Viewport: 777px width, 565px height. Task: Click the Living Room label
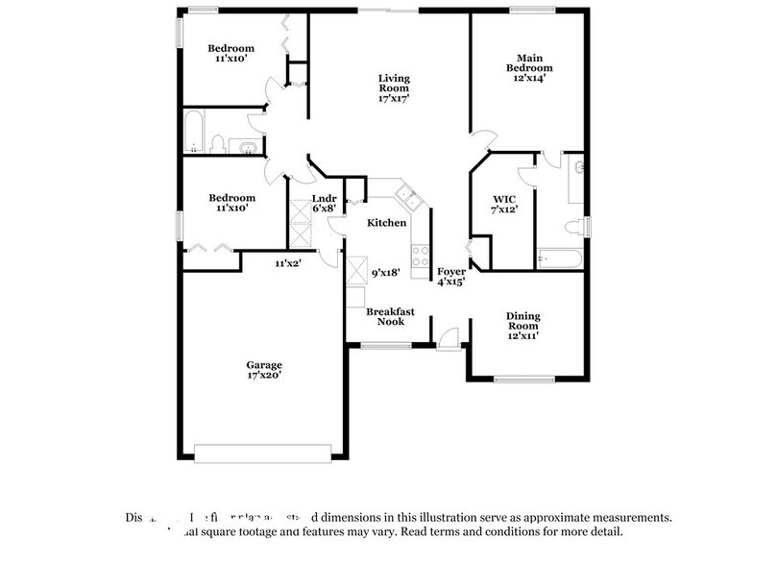tap(393, 87)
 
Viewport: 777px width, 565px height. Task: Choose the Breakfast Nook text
tap(390, 316)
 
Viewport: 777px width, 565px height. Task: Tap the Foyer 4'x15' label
tap(451, 278)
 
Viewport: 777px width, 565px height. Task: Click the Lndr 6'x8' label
tap(324, 204)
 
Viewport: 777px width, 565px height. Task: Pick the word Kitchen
tap(385, 222)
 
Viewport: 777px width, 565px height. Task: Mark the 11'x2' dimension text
tap(288, 262)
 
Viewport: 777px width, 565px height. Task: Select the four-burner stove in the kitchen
tap(420, 255)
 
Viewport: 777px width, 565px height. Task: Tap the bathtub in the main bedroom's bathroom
tap(559, 258)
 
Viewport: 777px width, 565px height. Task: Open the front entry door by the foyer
tap(449, 337)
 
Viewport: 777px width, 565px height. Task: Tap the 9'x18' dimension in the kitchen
tap(386, 273)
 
